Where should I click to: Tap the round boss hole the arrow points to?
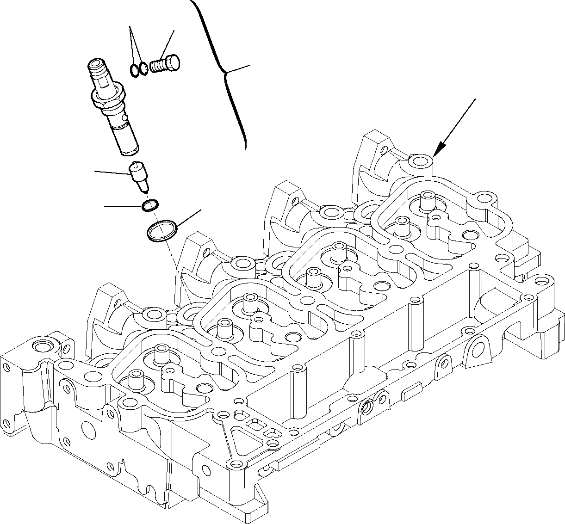click(x=421, y=161)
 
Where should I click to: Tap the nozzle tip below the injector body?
click(x=140, y=177)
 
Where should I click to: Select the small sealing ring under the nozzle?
click(x=150, y=205)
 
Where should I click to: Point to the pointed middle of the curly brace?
click(x=226, y=73)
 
